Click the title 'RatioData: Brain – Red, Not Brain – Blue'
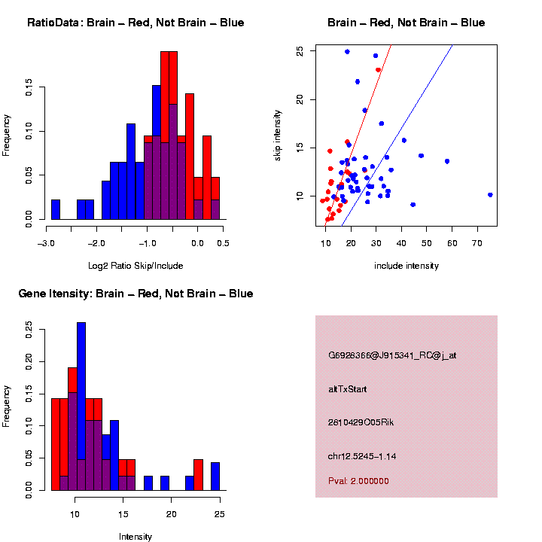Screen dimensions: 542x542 (x=135, y=23)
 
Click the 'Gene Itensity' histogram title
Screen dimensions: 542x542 (x=135, y=294)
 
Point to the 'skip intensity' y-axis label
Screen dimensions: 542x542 (x=278, y=134)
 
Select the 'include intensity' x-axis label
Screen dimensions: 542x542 (x=406, y=266)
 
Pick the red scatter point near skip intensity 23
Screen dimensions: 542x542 (x=378, y=70)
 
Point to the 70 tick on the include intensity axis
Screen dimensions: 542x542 (x=478, y=243)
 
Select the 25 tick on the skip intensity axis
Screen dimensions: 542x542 (x=300, y=50)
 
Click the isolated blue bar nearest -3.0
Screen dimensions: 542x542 (x=55, y=210)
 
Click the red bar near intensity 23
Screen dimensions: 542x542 (x=198, y=475)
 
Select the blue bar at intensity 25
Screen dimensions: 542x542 (x=215, y=477)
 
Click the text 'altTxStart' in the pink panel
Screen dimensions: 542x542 (x=347, y=389)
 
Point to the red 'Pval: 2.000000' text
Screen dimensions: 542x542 (x=358, y=480)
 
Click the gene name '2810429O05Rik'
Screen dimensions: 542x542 (x=361, y=422)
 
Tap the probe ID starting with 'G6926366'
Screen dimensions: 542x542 (x=382, y=355)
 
